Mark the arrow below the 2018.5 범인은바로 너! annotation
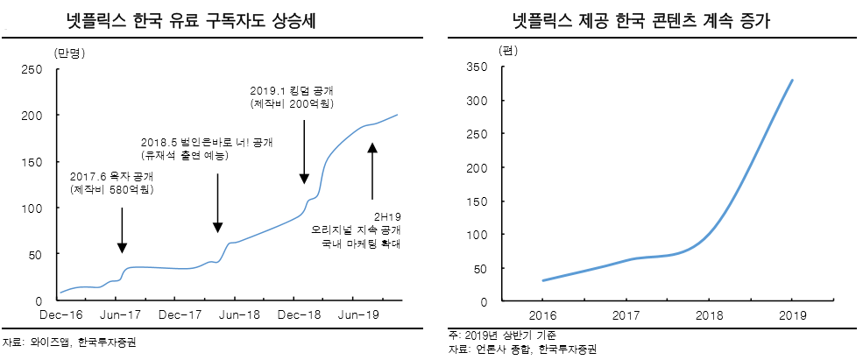pyautogui.click(x=217, y=202)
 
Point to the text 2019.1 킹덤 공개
pyautogui.click(x=292, y=90)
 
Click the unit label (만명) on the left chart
pyautogui.click(x=67, y=54)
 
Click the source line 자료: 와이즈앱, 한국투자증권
pyautogui.click(x=70, y=341)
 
